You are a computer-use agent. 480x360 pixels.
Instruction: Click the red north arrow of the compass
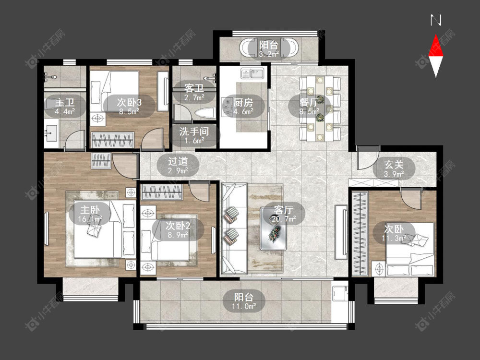coord(436,46)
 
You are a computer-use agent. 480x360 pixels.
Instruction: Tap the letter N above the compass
coord(436,20)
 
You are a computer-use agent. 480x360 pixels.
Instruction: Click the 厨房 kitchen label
coord(243,106)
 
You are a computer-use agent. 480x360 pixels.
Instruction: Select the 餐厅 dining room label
coord(309,106)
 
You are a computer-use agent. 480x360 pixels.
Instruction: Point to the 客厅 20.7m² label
coord(284,214)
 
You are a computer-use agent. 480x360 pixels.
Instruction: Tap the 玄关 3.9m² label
coord(394,169)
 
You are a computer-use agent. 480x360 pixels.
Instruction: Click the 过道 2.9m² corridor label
coord(178,166)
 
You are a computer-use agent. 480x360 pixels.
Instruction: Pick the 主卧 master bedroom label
coord(90,214)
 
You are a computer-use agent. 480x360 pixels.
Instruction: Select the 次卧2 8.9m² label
coord(178,230)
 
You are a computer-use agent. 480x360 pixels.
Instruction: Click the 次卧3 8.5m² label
coord(129,106)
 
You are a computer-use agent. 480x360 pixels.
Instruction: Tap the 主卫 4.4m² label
coord(65,106)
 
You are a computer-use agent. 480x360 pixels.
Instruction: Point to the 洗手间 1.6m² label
coord(194,136)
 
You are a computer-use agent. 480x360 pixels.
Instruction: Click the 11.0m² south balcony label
coord(244,301)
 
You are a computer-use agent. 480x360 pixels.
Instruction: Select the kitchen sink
coord(252,73)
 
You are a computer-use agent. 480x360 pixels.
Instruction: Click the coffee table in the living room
coord(274,228)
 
